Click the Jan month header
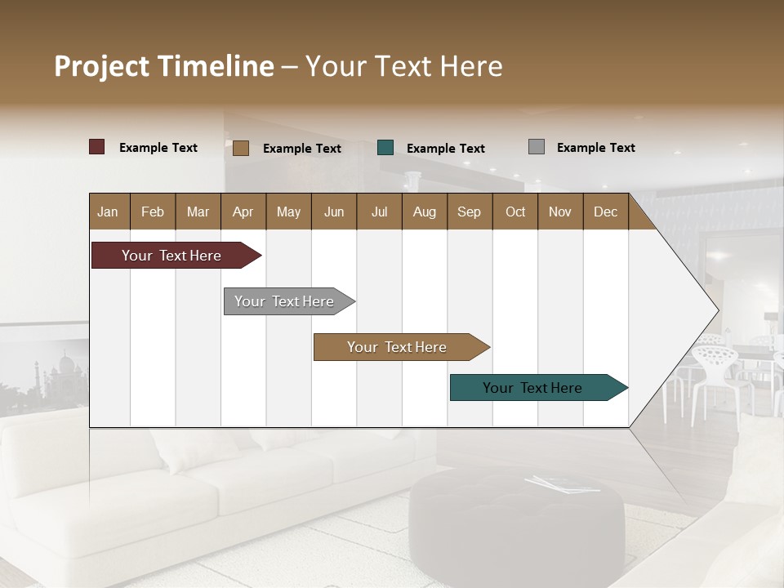point(108,212)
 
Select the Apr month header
point(243,212)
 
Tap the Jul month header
point(379,212)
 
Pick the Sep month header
point(469,212)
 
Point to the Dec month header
point(605,212)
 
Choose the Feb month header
point(153,212)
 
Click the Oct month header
point(515,212)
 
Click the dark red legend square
point(97,147)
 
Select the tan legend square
point(241,148)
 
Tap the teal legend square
point(385,148)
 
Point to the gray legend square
point(537,147)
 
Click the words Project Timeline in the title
point(163,66)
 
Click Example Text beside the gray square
point(595,148)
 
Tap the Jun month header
point(334,212)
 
